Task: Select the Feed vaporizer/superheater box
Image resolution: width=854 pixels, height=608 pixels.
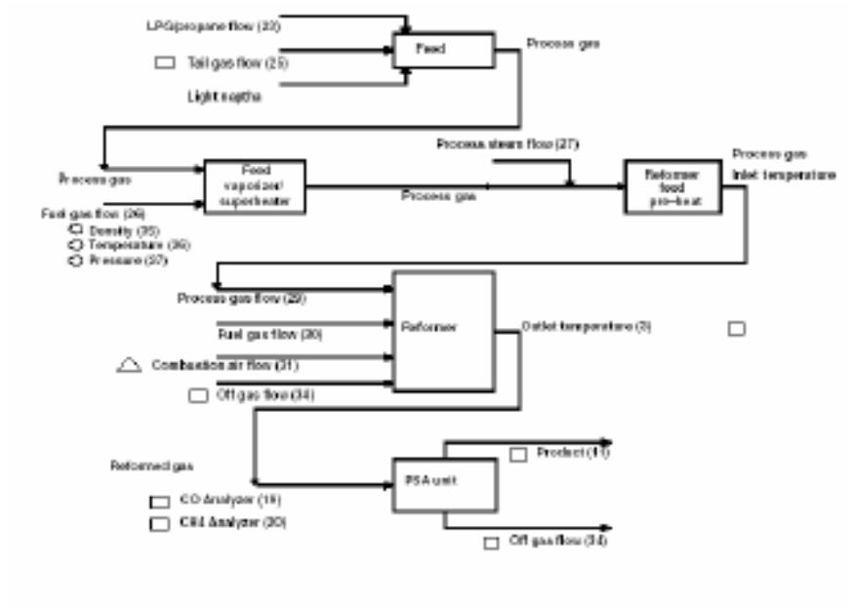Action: tap(255, 186)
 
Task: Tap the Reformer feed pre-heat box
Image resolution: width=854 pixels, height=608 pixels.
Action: tap(672, 186)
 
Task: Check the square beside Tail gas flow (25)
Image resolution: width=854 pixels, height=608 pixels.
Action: tap(165, 63)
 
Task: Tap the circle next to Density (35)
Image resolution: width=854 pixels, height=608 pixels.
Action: tap(75, 230)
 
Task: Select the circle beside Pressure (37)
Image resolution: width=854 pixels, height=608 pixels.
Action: tap(75, 262)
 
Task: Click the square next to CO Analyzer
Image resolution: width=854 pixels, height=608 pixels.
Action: tap(159, 502)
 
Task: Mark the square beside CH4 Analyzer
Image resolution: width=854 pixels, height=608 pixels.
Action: tap(159, 523)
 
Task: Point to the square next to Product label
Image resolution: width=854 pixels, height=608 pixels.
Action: tap(518, 454)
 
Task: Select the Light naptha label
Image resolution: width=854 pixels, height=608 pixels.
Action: tap(224, 97)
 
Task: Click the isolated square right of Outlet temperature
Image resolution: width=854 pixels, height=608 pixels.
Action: tap(737, 329)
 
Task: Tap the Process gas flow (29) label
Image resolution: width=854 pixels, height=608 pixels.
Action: tap(242, 298)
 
